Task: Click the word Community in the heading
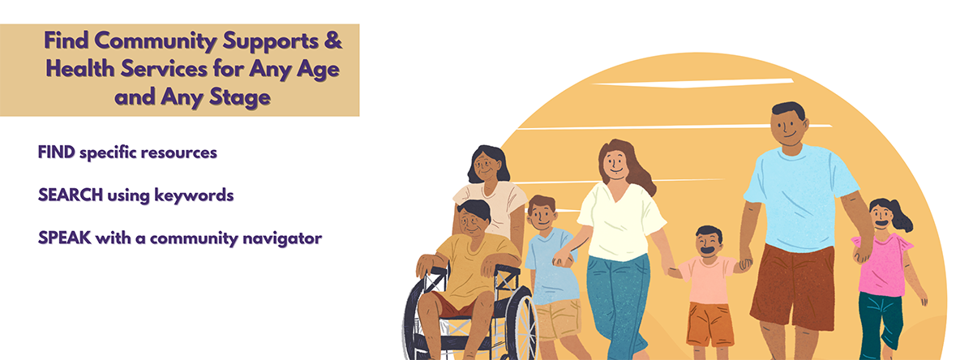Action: tap(156, 41)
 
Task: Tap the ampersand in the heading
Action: tap(333, 41)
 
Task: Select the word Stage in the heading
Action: tap(240, 97)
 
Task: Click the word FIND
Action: tap(57, 152)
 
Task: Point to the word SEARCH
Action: tap(71, 195)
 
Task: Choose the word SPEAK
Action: tap(65, 238)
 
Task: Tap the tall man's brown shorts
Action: tap(792, 286)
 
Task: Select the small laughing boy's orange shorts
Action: tap(709, 324)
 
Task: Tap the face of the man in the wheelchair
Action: tap(473, 222)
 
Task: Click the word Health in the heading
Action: tap(80, 70)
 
